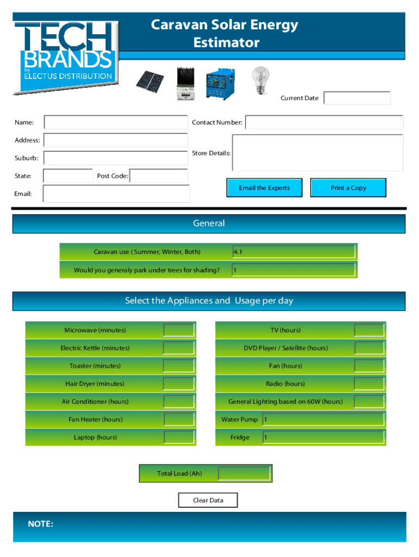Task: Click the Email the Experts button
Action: (264, 188)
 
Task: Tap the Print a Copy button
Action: (348, 188)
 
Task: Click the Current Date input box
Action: (357, 98)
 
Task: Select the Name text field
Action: (115, 122)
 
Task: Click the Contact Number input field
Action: (324, 122)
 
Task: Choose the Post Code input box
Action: (159, 176)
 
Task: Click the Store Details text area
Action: (318, 153)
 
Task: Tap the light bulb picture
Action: (260, 81)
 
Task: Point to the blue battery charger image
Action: (221, 85)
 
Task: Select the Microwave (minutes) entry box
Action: (179, 330)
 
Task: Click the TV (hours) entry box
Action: (369, 330)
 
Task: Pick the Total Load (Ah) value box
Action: (244, 473)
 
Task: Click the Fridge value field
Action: (324, 437)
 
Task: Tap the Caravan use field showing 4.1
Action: (294, 252)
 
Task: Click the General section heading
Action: (209, 224)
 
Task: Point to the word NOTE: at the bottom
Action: (41, 524)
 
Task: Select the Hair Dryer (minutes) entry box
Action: (179, 383)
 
